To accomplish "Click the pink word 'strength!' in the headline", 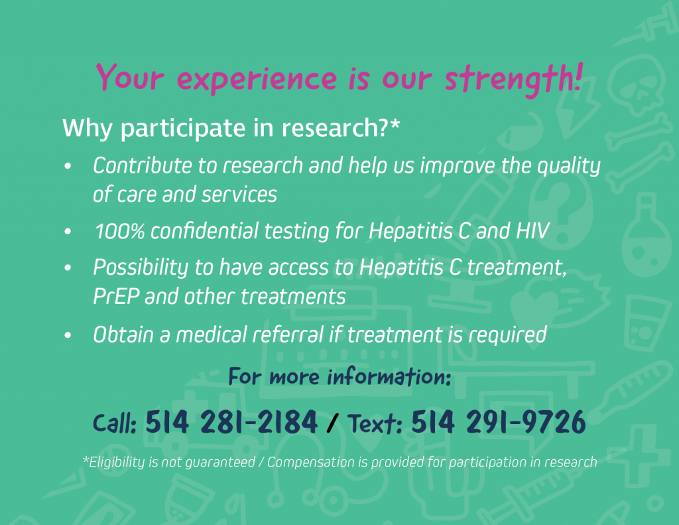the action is [514, 78].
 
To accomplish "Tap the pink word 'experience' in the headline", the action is [257, 80].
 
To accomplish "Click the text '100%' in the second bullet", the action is [119, 230].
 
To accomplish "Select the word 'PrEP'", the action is [116, 297].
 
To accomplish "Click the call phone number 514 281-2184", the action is [231, 421].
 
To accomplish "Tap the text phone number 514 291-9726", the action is [499, 421].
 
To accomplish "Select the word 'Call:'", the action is [115, 423].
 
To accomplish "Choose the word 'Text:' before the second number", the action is [375, 423].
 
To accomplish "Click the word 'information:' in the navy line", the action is [389, 376].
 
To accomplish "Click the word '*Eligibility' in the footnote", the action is [114, 462].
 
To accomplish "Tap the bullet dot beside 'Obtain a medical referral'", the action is [68, 335].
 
